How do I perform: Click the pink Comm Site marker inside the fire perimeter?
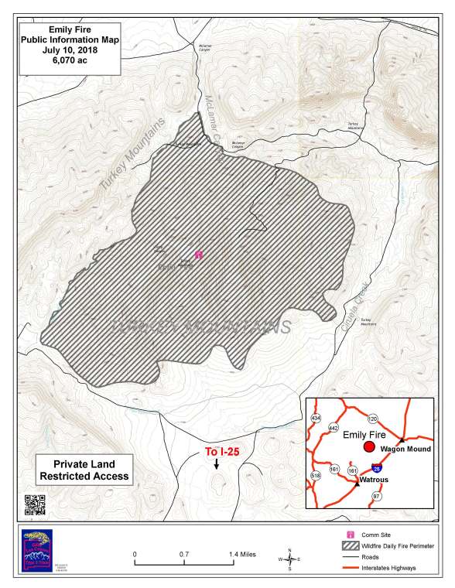coord(199,253)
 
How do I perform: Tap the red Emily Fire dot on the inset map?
coord(369,447)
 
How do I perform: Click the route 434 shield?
coord(316,418)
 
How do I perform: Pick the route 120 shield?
coord(372,418)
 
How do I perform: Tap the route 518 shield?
coord(316,475)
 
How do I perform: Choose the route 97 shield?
coord(376,495)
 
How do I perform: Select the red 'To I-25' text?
coord(218,451)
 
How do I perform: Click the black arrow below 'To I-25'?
coord(217,464)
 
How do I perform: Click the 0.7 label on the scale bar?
coord(184,555)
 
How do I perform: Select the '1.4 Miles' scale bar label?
coord(243,555)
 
